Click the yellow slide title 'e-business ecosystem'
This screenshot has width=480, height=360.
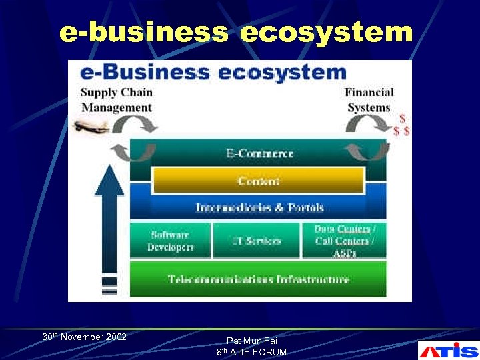236,32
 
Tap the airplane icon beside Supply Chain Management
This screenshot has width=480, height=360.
91,127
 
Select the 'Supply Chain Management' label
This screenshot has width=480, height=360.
117,100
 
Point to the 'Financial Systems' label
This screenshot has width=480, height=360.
369,100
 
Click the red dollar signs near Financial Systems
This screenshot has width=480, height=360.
401,125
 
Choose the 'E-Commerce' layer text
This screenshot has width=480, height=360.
259,153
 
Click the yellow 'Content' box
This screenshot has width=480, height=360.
259,181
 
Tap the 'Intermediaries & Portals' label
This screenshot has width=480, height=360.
259,207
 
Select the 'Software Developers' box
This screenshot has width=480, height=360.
171,241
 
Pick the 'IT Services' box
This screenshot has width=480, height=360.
257,241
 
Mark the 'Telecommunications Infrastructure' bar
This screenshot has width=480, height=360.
258,279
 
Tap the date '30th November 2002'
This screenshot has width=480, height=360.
84,337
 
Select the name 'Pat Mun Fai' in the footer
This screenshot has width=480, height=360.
251,341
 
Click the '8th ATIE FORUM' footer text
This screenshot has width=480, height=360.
251,352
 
